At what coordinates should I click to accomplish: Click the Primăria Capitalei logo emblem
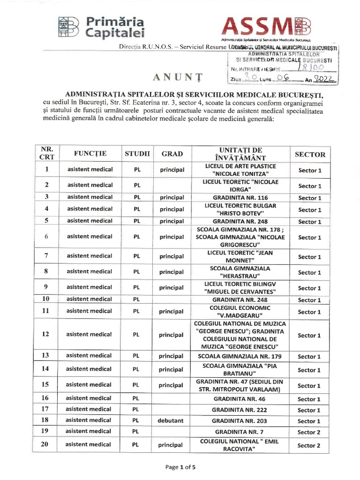click(68, 27)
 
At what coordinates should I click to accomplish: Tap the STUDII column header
click(137, 153)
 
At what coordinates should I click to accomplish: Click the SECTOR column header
click(309, 154)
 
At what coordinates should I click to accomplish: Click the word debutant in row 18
click(171, 421)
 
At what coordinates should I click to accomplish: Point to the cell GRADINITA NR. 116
click(240, 198)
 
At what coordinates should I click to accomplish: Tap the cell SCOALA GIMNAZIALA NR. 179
click(240, 357)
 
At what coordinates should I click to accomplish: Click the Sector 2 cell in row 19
click(309, 432)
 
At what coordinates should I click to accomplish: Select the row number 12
click(46, 335)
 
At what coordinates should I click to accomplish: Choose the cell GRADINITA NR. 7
click(240, 432)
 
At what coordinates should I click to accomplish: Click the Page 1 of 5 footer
click(180, 467)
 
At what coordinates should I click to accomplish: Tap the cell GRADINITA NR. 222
click(240, 410)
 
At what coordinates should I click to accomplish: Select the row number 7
click(46, 256)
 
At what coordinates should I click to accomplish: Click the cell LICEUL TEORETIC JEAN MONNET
click(240, 256)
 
